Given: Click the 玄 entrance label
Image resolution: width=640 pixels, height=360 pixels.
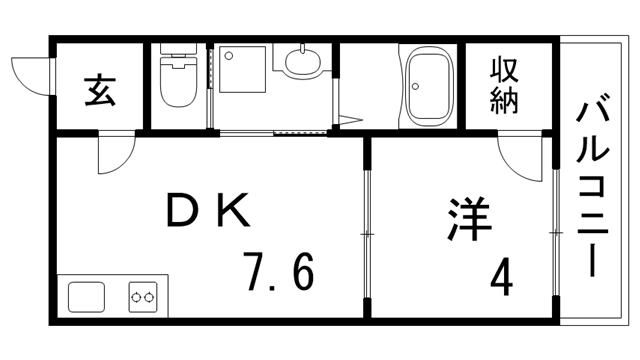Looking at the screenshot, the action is click(100, 91).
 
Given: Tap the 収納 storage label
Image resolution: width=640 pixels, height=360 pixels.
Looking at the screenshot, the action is click(504, 86).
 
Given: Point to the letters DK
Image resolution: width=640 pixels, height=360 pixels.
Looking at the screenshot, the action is click(208, 210).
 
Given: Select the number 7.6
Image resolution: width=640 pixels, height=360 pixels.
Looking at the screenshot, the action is click(279, 271).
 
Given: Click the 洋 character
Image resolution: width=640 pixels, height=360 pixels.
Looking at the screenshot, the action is click(469, 219).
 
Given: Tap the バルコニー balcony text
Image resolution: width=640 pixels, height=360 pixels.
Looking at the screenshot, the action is click(593, 184).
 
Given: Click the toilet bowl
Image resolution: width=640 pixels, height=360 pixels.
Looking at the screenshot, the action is click(178, 82).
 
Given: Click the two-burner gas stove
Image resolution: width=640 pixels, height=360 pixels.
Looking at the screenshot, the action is click(143, 297).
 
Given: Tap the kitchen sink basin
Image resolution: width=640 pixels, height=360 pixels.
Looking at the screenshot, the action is click(86, 297).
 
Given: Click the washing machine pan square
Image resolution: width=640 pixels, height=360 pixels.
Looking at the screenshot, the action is click(242, 69).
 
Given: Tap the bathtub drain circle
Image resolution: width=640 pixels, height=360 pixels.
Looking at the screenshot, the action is click(416, 86).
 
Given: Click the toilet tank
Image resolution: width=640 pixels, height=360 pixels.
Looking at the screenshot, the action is click(178, 49).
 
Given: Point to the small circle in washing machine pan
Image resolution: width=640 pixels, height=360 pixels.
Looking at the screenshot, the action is click(229, 55).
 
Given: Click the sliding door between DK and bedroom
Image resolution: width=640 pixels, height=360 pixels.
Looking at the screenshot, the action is click(367, 234).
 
